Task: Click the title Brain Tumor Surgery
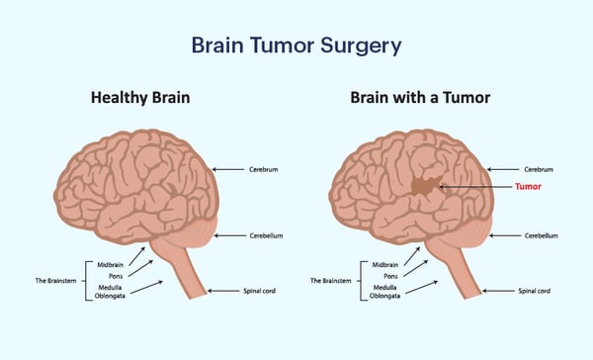(x=296, y=46)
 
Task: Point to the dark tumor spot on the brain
(x=426, y=185)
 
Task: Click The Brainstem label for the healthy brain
(x=53, y=280)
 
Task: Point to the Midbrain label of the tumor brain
(x=384, y=264)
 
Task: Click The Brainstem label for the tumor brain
(x=330, y=280)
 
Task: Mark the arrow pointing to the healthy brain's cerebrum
(x=229, y=169)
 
